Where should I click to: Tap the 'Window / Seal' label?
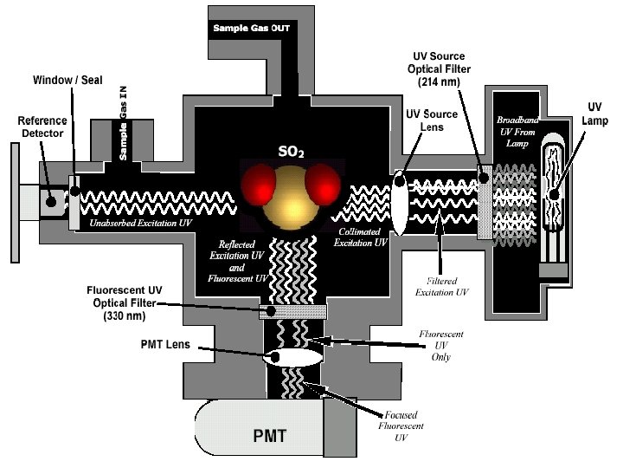click(x=67, y=80)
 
